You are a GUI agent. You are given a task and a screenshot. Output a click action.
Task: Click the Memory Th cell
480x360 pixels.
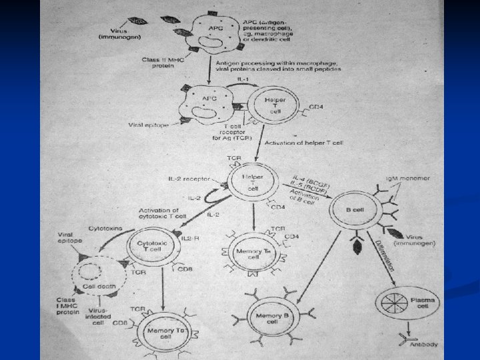(x=249, y=251)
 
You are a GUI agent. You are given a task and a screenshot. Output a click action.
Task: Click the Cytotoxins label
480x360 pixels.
(x=102, y=227)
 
